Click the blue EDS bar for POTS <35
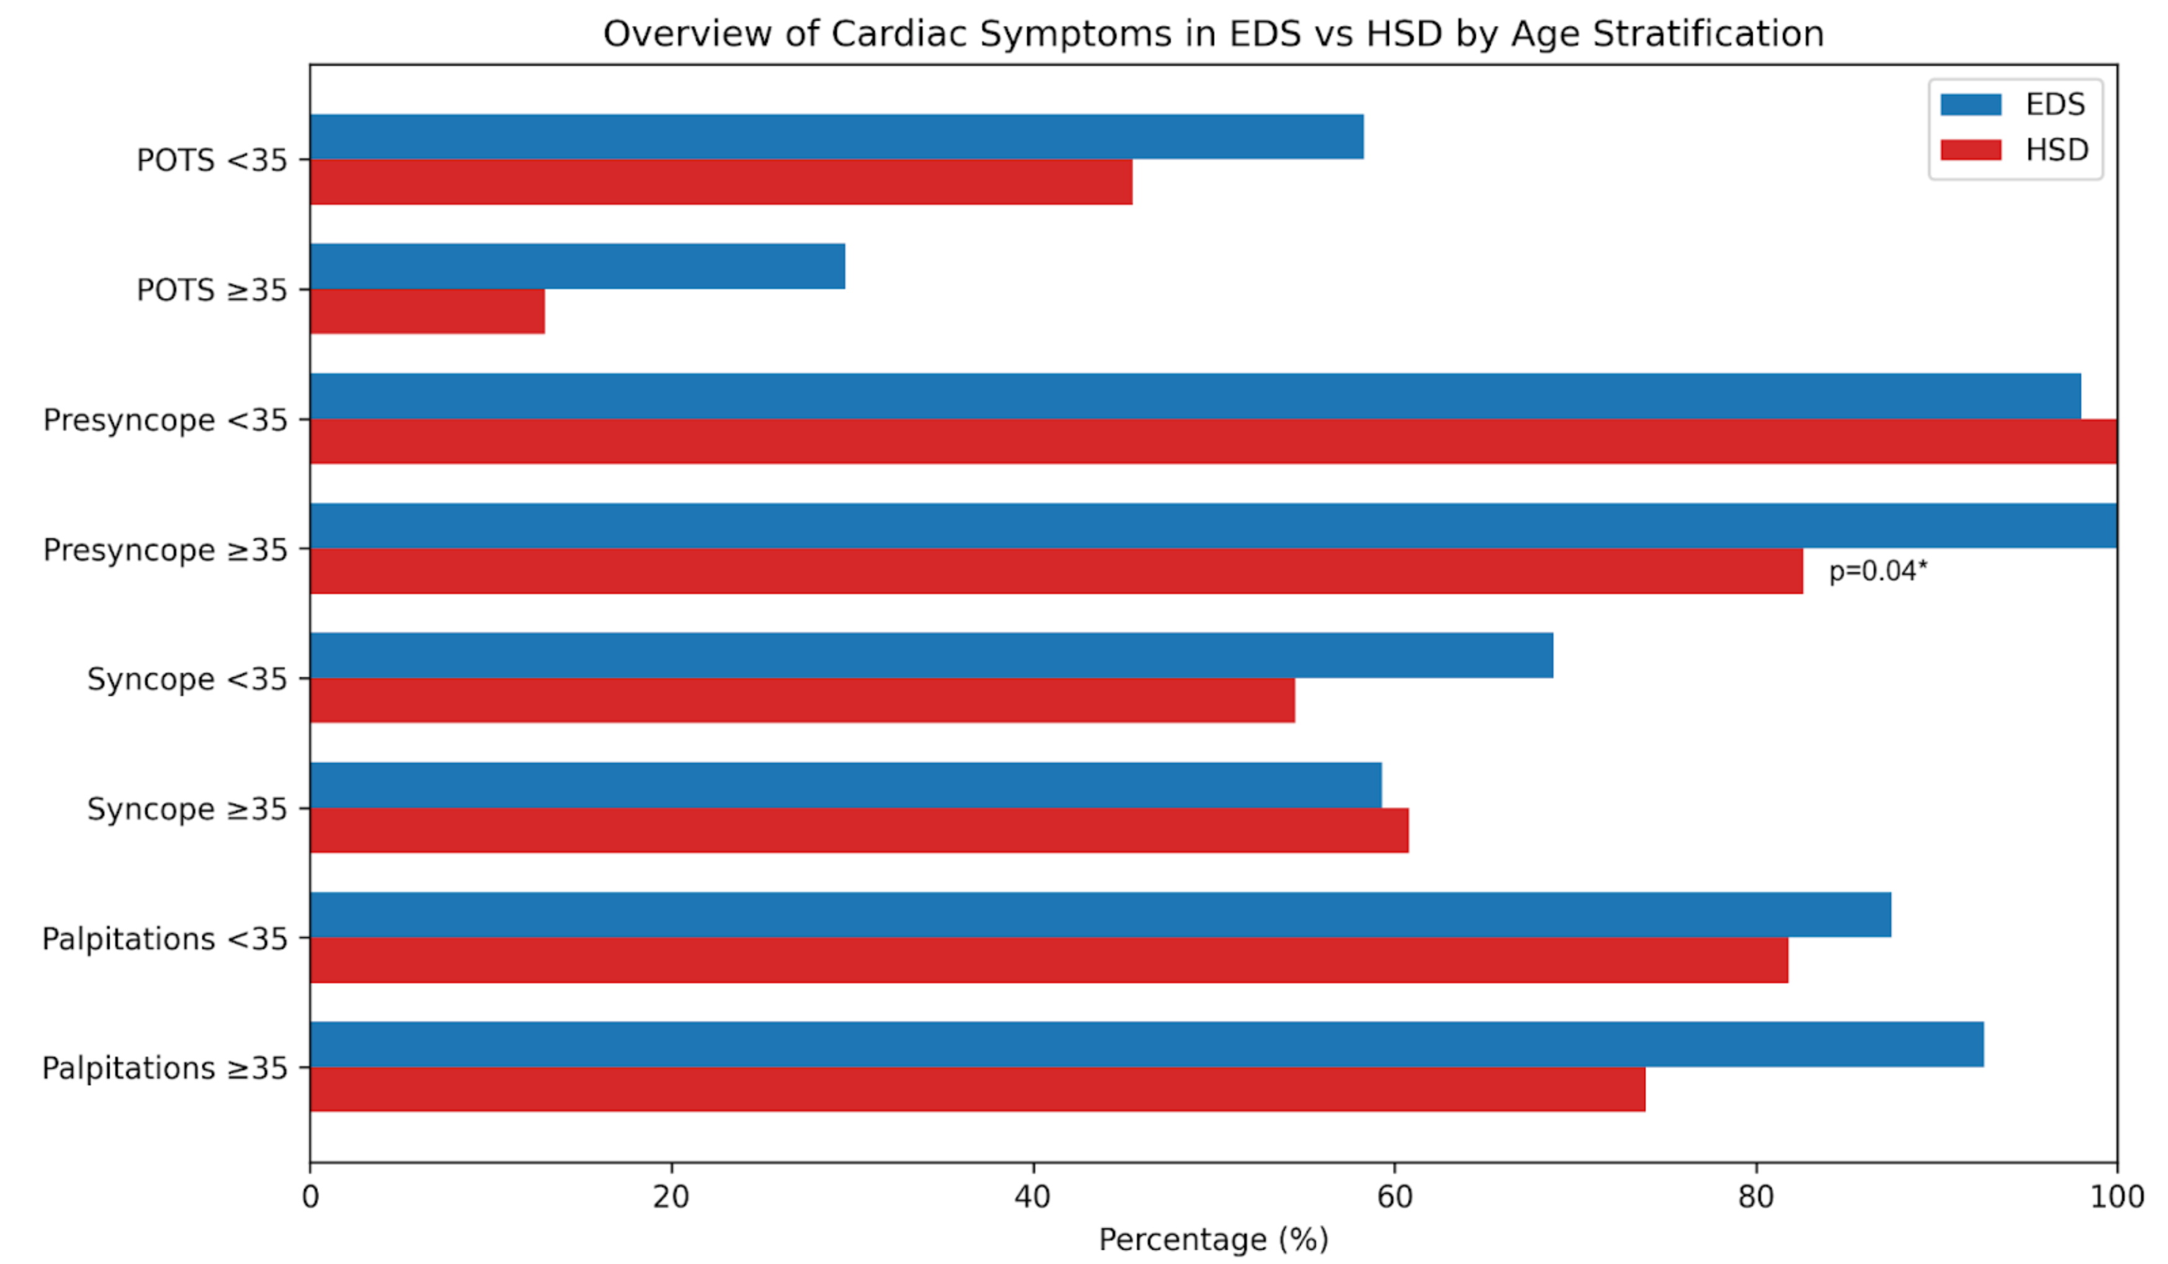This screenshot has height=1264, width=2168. [x=834, y=136]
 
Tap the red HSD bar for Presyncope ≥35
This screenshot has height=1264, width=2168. [x=1055, y=571]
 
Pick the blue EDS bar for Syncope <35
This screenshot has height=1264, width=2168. [x=930, y=655]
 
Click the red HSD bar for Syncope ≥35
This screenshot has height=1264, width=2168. [x=858, y=830]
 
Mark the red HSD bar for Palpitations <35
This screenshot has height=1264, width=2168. [x=1048, y=960]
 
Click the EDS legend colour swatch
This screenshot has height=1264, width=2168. [x=1970, y=105]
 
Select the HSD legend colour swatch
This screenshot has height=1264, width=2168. [x=1970, y=150]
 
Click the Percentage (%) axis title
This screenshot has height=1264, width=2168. [x=1213, y=1239]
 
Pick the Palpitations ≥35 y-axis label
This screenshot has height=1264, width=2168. [x=165, y=1068]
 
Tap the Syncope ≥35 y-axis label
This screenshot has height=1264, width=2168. [x=187, y=809]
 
